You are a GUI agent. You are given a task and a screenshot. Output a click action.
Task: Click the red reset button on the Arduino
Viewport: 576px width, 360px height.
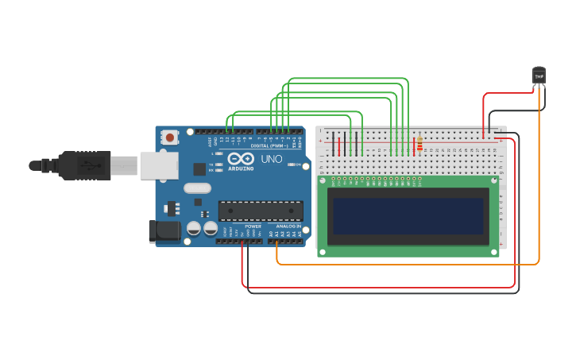[170, 137]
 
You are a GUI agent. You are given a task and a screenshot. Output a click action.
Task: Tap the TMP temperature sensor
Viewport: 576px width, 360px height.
[539, 75]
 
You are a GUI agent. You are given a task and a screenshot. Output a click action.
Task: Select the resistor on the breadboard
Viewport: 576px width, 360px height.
[419, 144]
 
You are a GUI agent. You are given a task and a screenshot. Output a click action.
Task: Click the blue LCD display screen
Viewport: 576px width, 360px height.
[408, 216]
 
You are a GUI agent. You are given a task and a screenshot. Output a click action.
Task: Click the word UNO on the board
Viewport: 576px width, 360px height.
[272, 159]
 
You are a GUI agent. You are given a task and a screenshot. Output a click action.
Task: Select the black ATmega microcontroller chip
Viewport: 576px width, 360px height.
[261, 210]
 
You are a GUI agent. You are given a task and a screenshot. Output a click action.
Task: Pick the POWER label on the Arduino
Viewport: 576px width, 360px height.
[253, 226]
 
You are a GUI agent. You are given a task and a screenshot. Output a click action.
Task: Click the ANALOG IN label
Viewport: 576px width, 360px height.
[287, 226]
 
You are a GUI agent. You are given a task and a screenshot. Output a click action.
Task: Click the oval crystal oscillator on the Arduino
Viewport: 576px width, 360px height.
[197, 188]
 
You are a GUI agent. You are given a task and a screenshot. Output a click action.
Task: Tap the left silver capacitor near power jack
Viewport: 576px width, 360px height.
[193, 228]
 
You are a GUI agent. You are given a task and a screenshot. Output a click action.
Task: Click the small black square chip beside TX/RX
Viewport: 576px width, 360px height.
[199, 168]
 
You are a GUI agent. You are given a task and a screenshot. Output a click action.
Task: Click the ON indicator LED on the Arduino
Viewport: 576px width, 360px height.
[304, 165]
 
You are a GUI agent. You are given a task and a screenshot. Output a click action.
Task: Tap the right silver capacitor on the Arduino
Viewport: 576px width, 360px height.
[211, 228]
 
